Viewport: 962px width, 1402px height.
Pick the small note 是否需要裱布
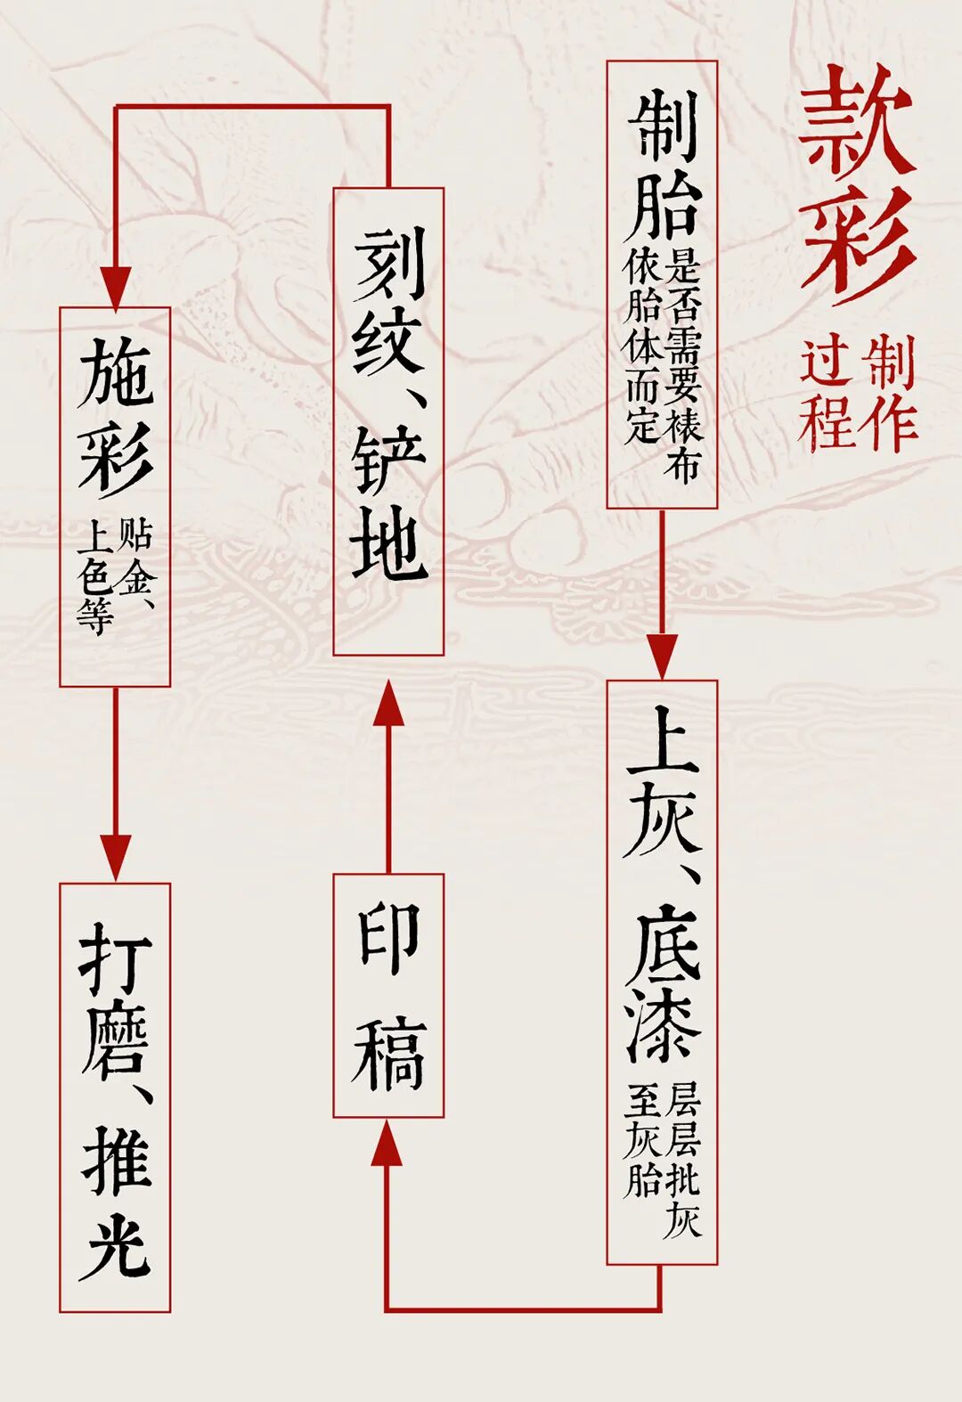(x=683, y=365)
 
